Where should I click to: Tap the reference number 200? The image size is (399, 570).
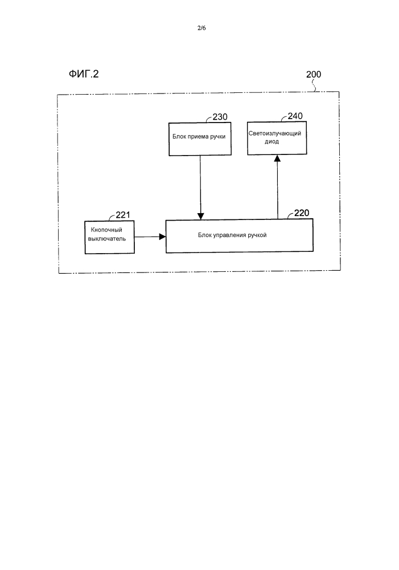point(313,75)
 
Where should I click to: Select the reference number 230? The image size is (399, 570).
point(220,117)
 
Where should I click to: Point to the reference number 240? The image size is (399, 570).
point(295,116)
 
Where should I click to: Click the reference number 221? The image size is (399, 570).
point(123,215)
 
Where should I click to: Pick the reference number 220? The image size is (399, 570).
point(302,214)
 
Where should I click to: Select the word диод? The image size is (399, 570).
point(272,141)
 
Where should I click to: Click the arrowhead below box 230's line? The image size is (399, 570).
point(200,215)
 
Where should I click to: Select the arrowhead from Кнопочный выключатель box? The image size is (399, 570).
point(162,236)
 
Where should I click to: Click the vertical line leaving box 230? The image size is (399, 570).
point(200,182)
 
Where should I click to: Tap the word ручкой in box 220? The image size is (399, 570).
point(256,234)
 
